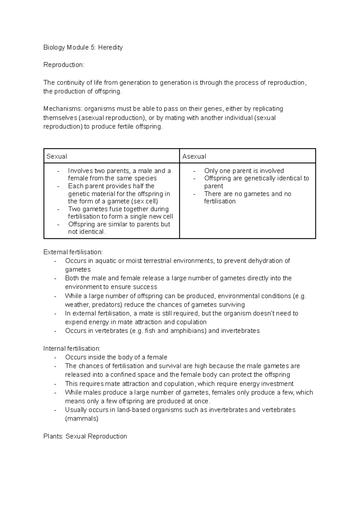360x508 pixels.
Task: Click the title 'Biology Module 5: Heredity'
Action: click(x=83, y=47)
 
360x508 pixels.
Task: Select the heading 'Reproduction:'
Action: click(x=64, y=65)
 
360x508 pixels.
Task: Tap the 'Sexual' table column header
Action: click(x=57, y=156)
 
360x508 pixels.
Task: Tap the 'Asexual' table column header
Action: click(x=194, y=156)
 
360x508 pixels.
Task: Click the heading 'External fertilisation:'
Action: click(x=73, y=252)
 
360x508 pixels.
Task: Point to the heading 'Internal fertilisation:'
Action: click(x=72, y=348)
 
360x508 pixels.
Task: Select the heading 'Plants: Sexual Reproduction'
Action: click(x=85, y=436)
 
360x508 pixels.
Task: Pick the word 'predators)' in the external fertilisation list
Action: click(x=107, y=305)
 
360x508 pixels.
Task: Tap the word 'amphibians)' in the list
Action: click(x=188, y=331)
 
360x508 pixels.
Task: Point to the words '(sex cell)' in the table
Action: click(x=143, y=201)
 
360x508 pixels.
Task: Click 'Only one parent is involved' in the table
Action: click(x=244, y=171)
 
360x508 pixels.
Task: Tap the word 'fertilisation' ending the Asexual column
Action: click(x=220, y=201)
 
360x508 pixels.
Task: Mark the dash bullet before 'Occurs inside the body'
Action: click(x=55, y=357)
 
